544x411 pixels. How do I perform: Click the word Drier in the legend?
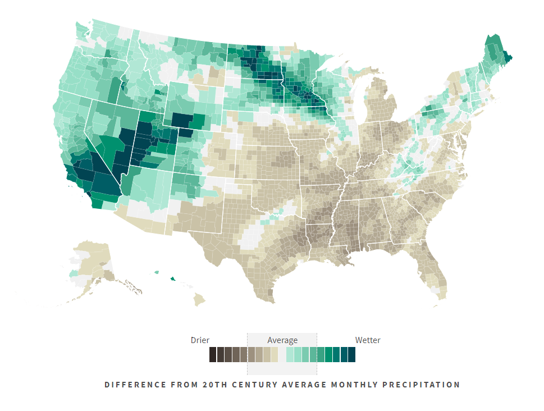coord(200,340)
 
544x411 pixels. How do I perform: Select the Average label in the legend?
coord(282,340)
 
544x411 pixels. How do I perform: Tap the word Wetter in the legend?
coord(368,340)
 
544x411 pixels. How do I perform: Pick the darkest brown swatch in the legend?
coord(213,355)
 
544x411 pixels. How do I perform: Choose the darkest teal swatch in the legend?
coord(351,355)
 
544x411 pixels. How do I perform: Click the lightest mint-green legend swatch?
coord(290,355)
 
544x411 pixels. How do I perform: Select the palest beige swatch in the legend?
coord(275,355)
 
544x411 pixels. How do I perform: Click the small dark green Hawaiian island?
coord(172,277)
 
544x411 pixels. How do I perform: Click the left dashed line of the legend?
coord(248,354)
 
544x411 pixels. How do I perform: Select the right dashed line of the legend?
coord(317,354)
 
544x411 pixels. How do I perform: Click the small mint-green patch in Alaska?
coord(74,273)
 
